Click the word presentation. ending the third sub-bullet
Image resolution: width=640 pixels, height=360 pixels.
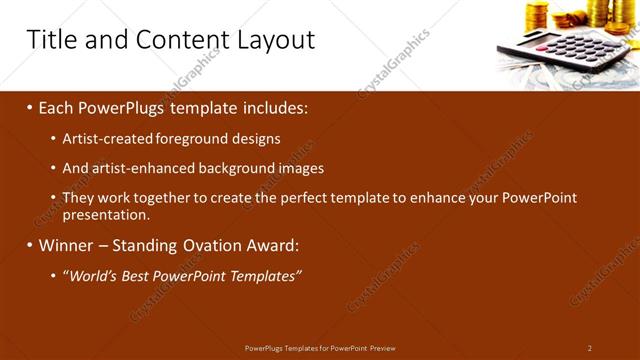(x=106, y=214)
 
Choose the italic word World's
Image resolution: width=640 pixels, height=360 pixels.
(x=92, y=275)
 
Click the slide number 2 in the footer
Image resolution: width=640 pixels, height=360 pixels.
(x=590, y=348)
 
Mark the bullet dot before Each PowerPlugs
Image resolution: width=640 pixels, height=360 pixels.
(x=30, y=108)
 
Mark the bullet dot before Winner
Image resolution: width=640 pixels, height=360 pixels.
(x=30, y=245)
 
